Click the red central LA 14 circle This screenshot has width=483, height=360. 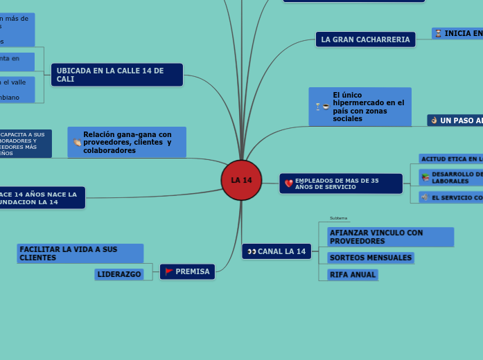pos(241,180)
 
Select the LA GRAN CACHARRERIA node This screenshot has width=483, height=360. pos(365,39)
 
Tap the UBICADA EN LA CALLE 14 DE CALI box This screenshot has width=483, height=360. pos(116,75)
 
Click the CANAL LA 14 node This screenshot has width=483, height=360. pos(276,251)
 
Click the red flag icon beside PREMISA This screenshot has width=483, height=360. pos(169,271)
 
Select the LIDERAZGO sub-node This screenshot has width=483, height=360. pos(119,274)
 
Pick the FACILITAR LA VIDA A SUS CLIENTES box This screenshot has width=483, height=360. pos(80,253)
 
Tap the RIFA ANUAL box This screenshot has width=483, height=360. pos(353,274)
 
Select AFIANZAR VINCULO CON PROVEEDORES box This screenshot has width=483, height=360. pos(390,237)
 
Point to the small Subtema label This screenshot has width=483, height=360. pos(339,218)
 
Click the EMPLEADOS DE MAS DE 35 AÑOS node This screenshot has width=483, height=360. pos(341,183)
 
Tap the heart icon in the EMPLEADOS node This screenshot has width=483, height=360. pos(289,183)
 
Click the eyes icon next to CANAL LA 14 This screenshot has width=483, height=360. pos(252,251)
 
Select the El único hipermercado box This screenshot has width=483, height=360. pos(360,107)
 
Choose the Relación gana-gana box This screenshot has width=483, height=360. pos(127,142)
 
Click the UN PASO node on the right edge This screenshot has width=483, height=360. pos(455,120)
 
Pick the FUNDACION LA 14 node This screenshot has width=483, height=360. pos(42,197)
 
